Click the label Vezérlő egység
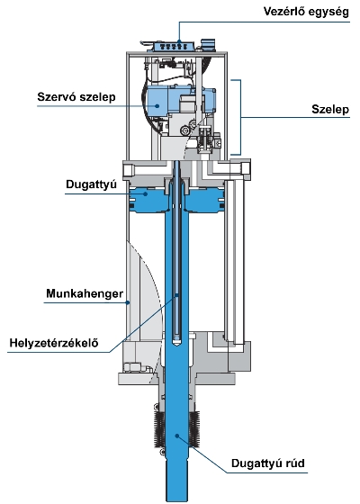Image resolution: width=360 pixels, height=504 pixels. (x=306, y=13)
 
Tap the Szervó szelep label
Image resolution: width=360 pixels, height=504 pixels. (x=76, y=97)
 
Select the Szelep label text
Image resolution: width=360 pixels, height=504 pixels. (x=330, y=110)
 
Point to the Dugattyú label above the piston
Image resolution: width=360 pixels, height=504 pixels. (x=91, y=184)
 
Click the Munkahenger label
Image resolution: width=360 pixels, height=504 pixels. (x=85, y=293)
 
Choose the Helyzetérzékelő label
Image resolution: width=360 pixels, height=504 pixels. (x=54, y=343)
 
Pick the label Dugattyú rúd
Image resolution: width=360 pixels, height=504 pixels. (x=268, y=463)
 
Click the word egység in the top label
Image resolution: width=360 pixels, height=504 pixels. (x=328, y=13)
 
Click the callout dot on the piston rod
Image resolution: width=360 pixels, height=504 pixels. (x=176, y=436)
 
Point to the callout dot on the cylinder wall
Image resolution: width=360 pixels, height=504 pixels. (x=128, y=302)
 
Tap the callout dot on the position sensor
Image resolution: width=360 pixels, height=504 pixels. (x=176, y=295)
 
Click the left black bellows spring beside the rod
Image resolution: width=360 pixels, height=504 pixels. (x=159, y=430)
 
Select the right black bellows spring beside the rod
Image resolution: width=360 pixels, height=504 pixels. (x=194, y=429)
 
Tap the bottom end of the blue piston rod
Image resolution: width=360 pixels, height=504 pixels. (x=176, y=499)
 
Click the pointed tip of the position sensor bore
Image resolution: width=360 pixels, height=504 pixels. (x=176, y=345)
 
